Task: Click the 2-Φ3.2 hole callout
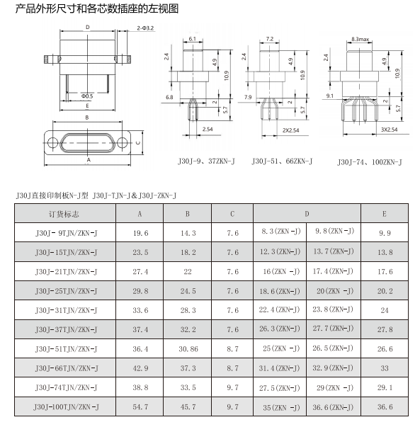pos(145,28)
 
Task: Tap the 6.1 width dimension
pos(193,39)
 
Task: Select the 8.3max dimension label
pos(360,39)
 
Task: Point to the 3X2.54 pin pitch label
pos(390,130)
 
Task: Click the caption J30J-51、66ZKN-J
pos(282,161)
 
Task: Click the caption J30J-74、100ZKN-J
pos(370,162)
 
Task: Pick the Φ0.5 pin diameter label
pos(87,96)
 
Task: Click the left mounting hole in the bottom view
pos(52,143)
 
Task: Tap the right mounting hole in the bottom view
pos(123,143)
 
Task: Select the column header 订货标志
pos(64,214)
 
